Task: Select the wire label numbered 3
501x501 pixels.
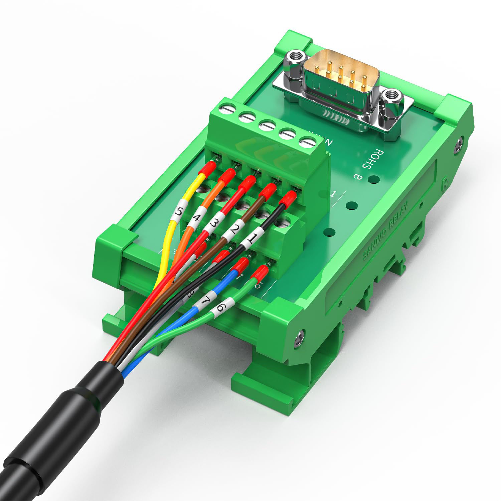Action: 214,223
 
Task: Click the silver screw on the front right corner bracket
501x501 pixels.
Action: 299,337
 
